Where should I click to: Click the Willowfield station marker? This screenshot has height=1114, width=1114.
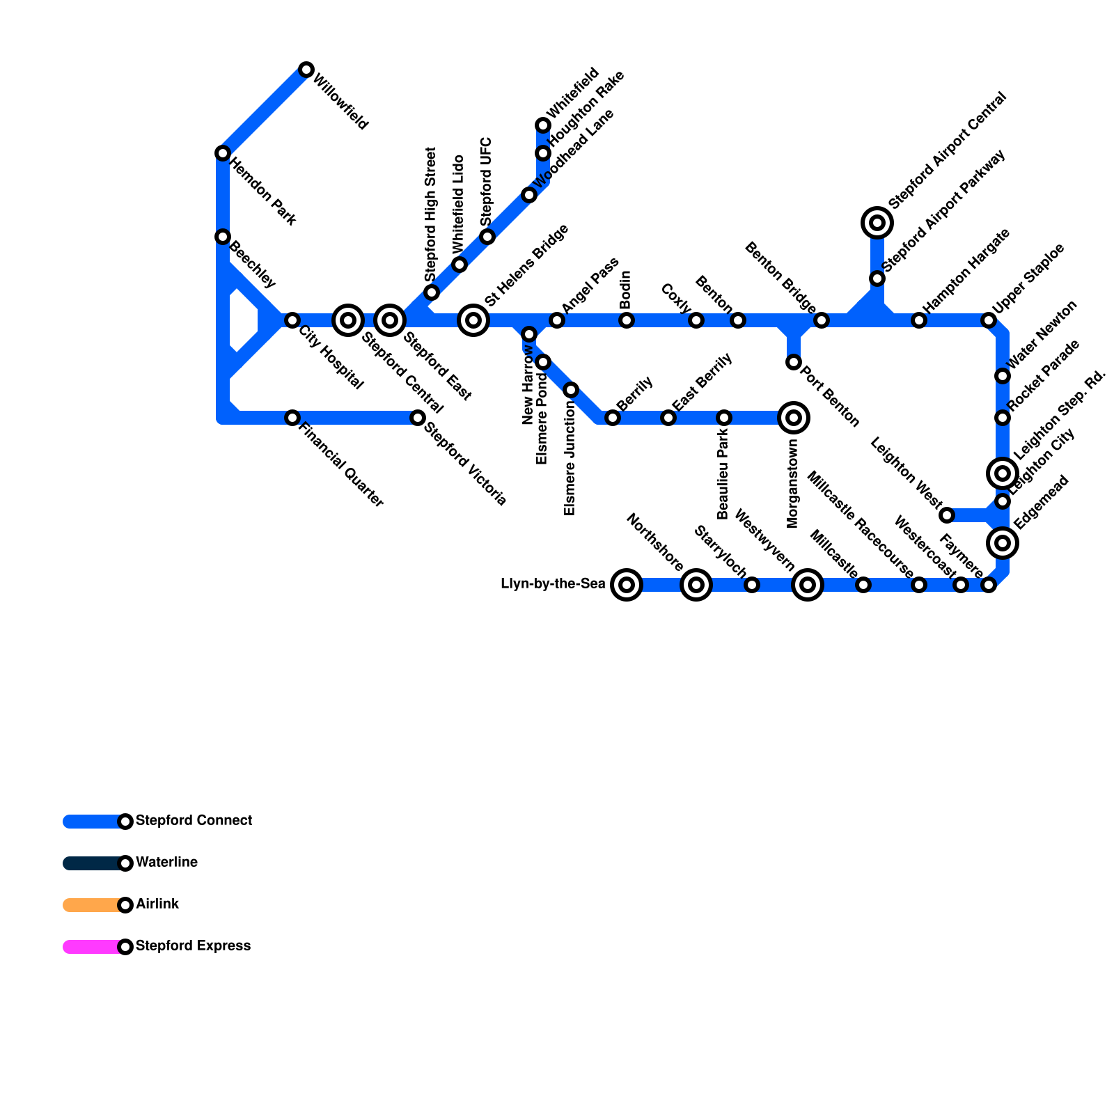pos(306,70)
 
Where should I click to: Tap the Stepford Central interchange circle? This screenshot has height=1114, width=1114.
pos(348,320)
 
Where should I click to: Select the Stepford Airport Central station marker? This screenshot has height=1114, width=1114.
pos(877,223)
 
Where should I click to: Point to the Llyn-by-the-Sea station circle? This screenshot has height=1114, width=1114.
pos(627,585)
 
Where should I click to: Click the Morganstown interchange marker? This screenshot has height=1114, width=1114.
pos(794,418)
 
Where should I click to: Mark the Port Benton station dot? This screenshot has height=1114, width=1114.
pos(794,362)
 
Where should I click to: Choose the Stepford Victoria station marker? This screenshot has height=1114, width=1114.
pos(418,418)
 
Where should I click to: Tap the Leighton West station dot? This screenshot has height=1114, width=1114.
pos(947,515)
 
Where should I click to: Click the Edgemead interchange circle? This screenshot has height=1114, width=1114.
pos(1003,543)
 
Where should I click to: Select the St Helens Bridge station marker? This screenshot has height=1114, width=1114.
pos(473,320)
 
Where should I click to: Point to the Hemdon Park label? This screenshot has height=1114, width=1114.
pos(263,193)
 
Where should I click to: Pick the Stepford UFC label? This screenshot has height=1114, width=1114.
pos(486,181)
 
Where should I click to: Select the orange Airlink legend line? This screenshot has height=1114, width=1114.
pos(92,905)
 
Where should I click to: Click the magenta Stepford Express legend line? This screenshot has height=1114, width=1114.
pos(92,947)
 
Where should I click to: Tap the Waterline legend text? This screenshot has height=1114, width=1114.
pos(166,863)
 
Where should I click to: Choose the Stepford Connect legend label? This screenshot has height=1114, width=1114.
pos(194,821)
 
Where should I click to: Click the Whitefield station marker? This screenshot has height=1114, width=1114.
pos(543,125)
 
